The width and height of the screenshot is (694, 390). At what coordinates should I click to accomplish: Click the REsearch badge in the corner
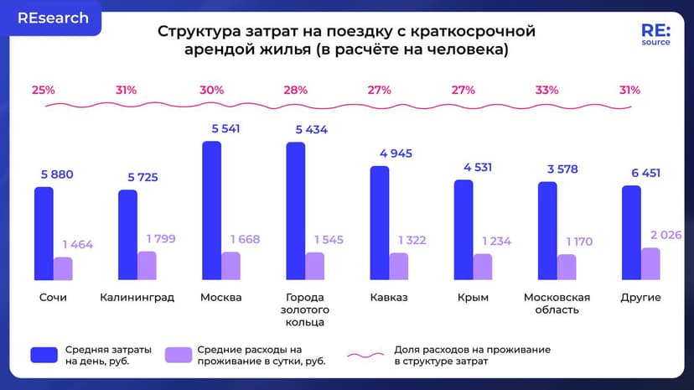pos(54,18)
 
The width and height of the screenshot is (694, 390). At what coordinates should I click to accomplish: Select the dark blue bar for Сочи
pos(44,234)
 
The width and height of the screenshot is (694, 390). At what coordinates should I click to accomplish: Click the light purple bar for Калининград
pos(147,265)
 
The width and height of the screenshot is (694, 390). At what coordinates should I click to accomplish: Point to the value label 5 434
pos(312,130)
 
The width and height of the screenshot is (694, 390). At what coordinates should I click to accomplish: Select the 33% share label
pos(546,90)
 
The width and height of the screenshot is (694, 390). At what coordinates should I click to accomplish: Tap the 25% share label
pos(44,90)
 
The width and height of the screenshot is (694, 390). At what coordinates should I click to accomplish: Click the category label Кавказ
pos(388,298)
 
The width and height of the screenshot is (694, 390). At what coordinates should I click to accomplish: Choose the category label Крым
pos(473,298)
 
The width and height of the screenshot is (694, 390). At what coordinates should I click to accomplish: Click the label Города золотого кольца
pos(304,309)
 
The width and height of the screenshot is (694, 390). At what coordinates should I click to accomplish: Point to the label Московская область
pos(557,304)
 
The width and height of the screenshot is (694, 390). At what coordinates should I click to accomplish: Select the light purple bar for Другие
pos(650,264)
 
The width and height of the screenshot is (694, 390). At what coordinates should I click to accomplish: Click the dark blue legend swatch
pos(43,354)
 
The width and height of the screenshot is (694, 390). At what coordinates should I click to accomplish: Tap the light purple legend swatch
pos(177,354)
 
